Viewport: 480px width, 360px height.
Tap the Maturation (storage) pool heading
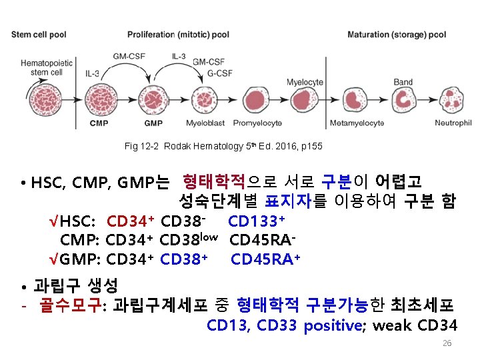[x=397, y=35]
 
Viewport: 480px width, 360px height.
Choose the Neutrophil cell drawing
[x=452, y=100]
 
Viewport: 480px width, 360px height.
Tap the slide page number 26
[x=447, y=343]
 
